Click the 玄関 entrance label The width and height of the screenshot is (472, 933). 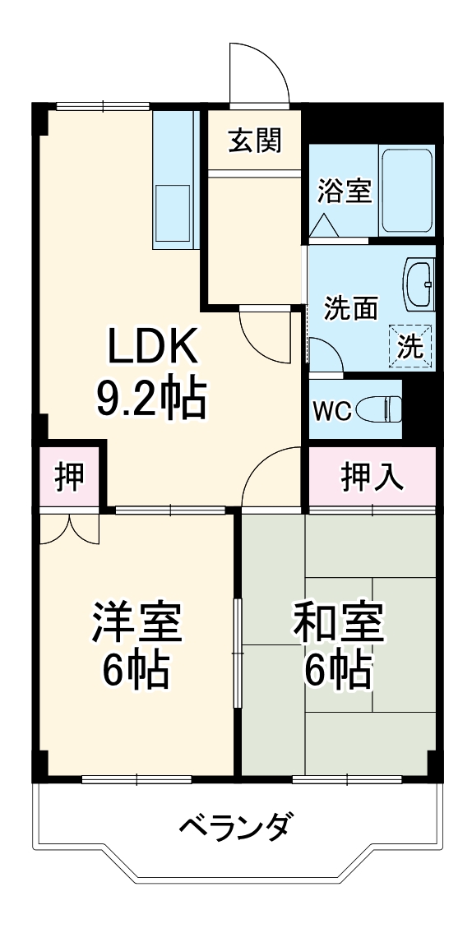(255, 141)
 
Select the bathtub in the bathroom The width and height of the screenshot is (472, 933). (406, 191)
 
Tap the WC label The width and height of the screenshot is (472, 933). (332, 410)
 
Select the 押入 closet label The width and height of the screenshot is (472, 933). (373, 477)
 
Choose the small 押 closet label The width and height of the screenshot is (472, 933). (70, 477)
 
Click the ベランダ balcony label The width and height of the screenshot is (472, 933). (234, 824)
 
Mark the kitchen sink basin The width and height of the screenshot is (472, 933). (172, 212)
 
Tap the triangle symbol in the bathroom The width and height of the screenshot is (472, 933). (322, 224)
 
